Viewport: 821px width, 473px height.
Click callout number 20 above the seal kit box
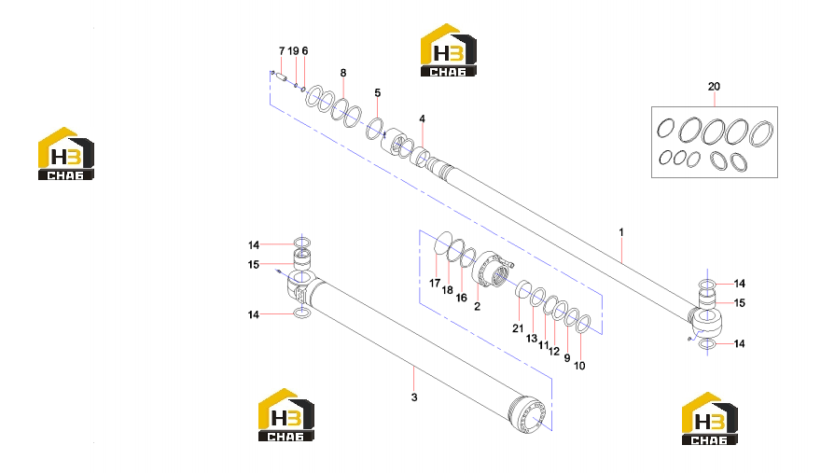tap(714, 87)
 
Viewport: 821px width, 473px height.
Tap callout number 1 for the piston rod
tap(621, 232)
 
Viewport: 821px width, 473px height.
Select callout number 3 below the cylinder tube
tap(414, 397)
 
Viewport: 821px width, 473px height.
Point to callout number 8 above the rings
tap(343, 73)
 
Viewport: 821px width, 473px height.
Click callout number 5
tap(378, 93)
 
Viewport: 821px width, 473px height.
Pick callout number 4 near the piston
tap(422, 118)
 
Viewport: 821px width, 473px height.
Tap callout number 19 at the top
tap(293, 50)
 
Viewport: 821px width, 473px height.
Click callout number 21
tap(518, 328)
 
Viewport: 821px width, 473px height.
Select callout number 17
tap(435, 284)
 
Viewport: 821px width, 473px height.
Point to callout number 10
tap(579, 366)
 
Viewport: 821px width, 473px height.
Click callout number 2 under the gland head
tap(477, 306)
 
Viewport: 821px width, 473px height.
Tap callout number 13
tap(532, 339)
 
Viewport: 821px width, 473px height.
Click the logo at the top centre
tap(449, 50)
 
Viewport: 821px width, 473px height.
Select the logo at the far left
tap(66, 154)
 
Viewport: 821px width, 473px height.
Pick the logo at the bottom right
tap(709, 419)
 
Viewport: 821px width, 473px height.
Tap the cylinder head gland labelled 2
tap(490, 269)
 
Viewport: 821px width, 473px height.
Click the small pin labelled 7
tap(281, 77)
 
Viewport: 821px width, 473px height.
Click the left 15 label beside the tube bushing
tap(254, 265)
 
